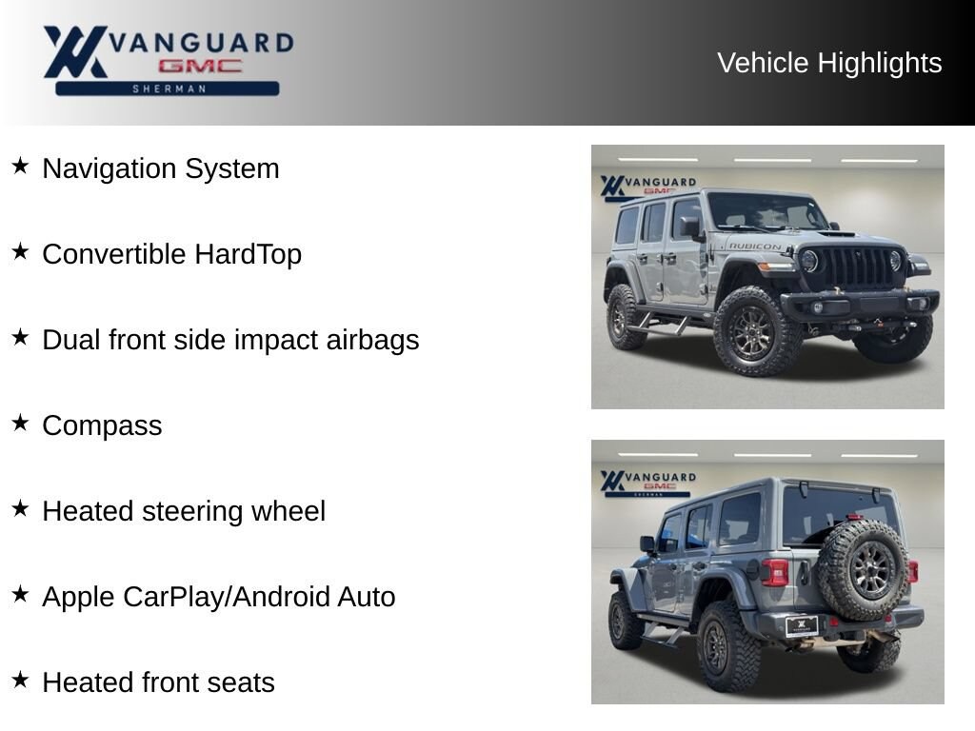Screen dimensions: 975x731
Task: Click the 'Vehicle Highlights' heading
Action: point(829,63)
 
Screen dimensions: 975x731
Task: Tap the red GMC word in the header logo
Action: point(200,66)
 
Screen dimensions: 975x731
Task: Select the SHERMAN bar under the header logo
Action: point(168,89)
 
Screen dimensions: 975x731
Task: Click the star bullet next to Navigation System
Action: point(21,166)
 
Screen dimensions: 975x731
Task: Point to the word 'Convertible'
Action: point(114,254)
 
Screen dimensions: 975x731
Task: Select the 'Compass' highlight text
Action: point(102,426)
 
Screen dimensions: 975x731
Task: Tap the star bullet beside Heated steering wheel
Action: point(21,508)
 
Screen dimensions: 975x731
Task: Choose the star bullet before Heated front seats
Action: point(21,680)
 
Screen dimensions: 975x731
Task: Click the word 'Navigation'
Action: point(109,168)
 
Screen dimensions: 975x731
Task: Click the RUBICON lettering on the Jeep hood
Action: point(754,247)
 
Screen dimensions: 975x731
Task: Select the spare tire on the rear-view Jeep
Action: point(862,569)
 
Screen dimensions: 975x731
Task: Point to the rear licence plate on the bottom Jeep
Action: point(802,626)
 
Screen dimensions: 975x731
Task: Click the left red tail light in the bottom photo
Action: point(775,572)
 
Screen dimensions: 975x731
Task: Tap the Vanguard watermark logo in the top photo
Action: point(648,188)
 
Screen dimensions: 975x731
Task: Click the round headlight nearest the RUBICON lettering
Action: point(808,261)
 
